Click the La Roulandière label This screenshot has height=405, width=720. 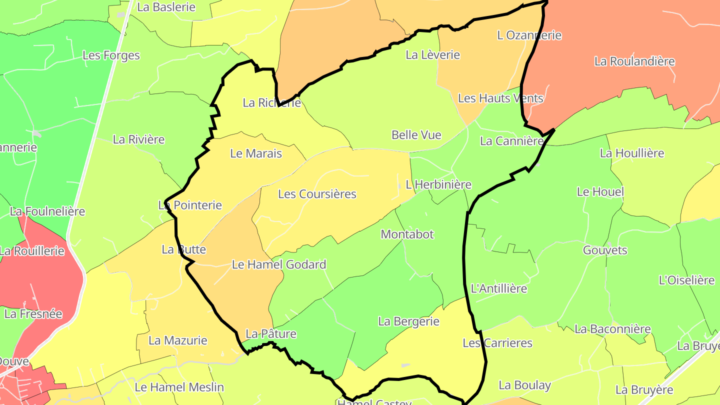tap(634, 61)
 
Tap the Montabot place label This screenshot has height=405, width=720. tap(407, 234)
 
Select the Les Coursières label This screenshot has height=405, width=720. tap(317, 194)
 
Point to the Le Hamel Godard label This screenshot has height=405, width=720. tap(279, 264)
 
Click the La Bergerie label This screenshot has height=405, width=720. tap(408, 321)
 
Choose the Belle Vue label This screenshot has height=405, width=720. tap(416, 135)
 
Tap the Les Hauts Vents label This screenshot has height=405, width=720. tap(500, 98)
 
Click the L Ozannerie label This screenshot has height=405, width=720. tap(529, 35)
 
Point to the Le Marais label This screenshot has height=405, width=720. tap(256, 154)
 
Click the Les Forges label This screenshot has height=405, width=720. tap(111, 55)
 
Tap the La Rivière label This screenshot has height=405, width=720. tap(138, 139)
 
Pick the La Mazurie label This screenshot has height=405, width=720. tap(178, 341)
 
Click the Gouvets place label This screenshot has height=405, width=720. tap(605, 250)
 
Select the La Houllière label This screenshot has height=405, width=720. tap(632, 153)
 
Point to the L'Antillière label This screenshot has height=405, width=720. tap(499, 289)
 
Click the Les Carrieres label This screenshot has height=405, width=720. tap(497, 343)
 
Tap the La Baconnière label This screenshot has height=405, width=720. tap(612, 329)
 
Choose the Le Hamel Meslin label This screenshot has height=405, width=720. tap(179, 387)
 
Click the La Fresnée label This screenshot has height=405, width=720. tap(33, 314)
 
